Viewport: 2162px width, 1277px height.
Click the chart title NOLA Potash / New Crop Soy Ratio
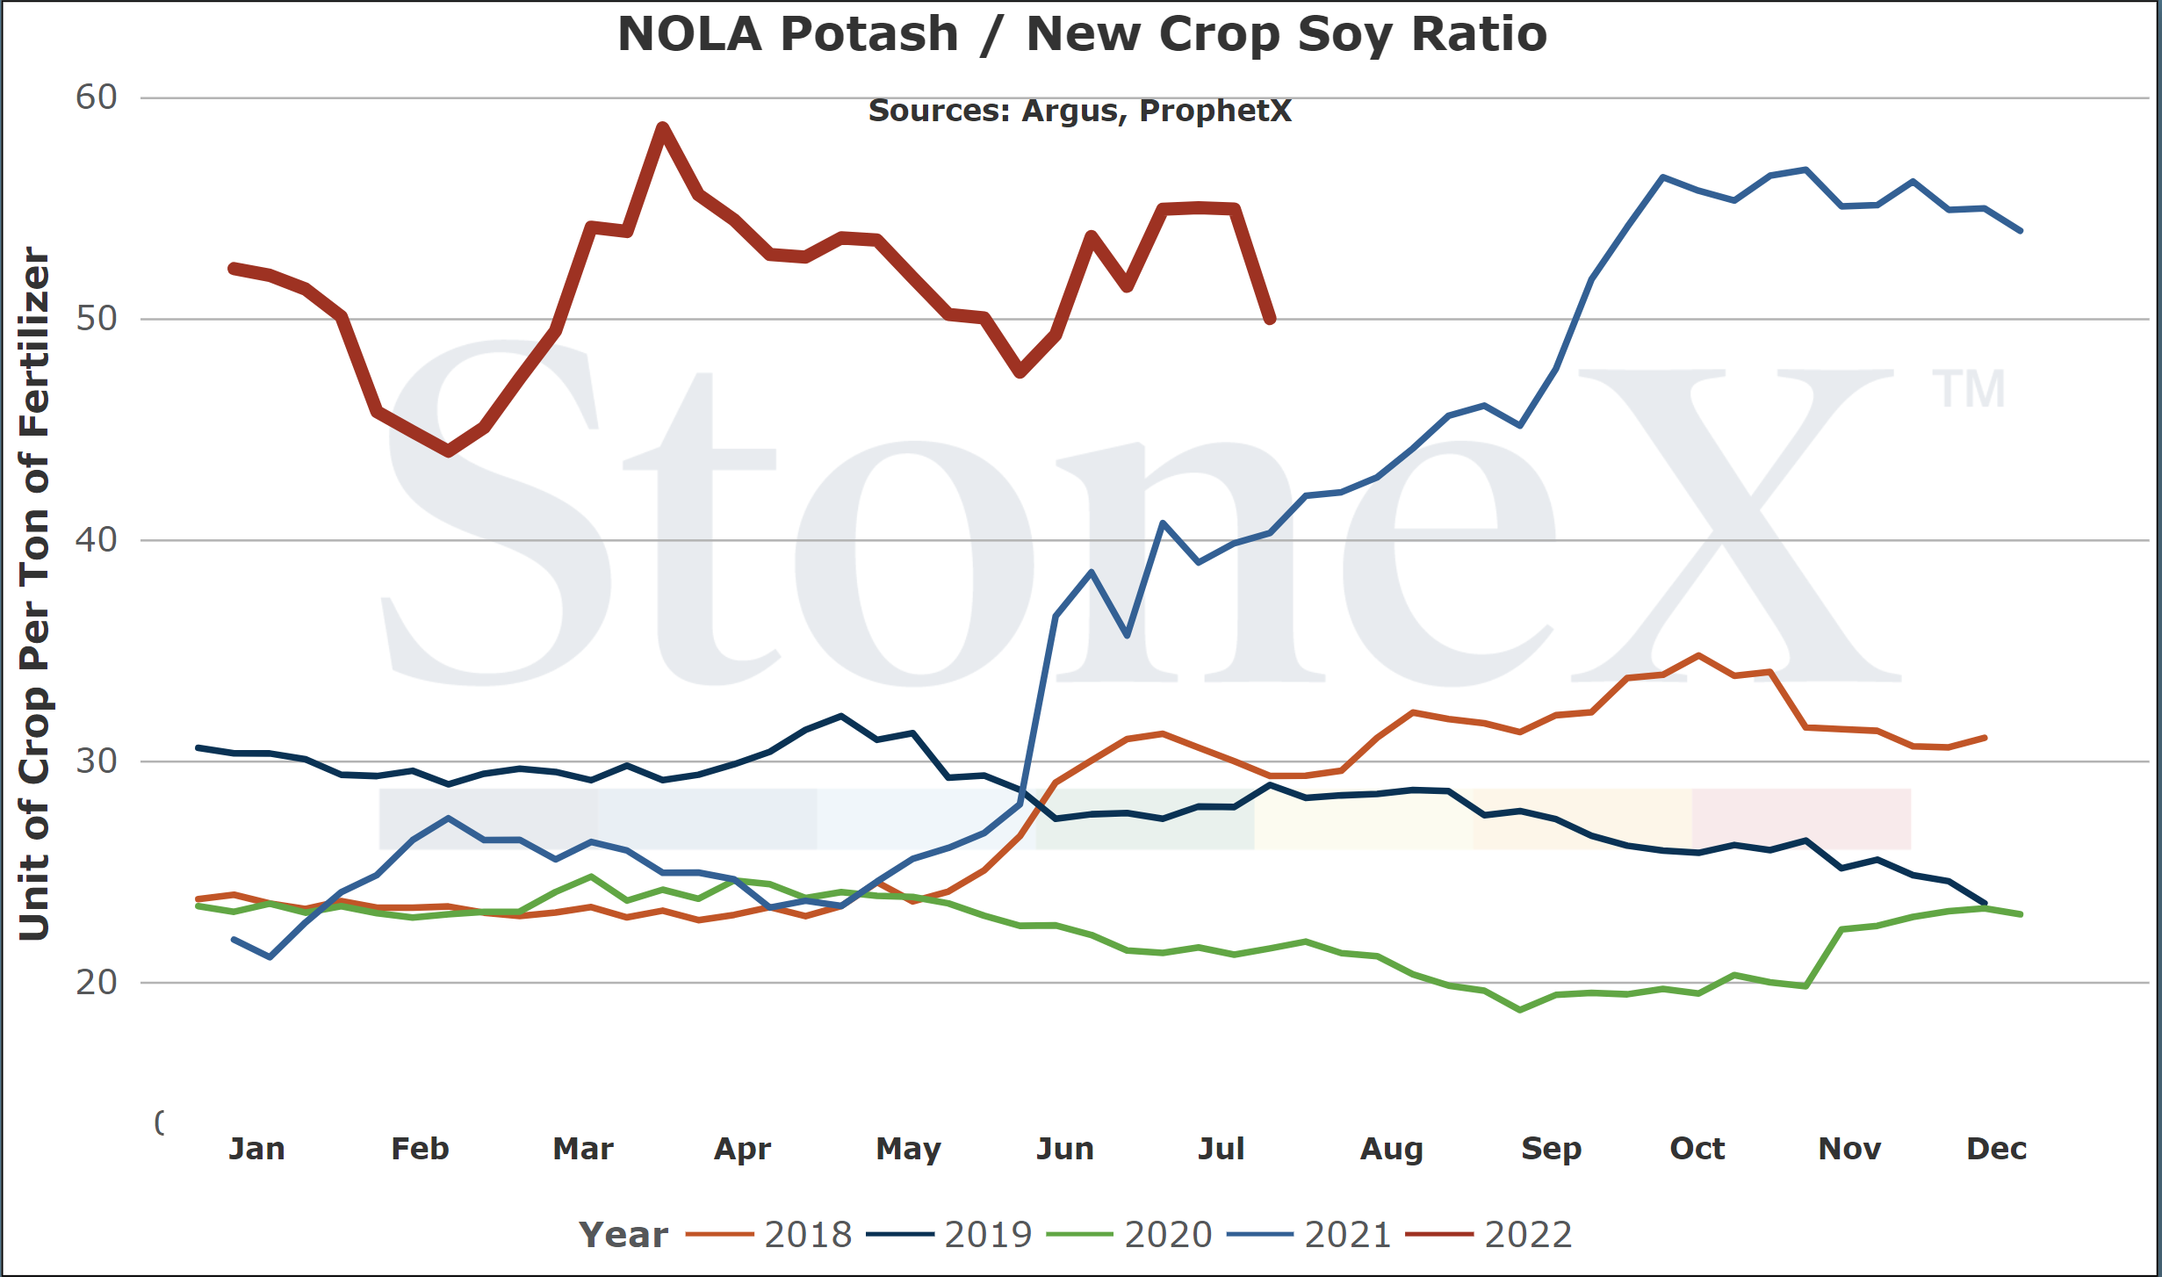1082,35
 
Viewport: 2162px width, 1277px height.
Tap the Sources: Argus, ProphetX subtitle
1080,112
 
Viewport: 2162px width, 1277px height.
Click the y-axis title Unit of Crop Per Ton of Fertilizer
34,594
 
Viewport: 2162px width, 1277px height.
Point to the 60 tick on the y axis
97,97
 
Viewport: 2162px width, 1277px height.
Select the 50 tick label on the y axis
97,319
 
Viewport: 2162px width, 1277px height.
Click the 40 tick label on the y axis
97,540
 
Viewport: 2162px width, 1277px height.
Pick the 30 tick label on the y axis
97,761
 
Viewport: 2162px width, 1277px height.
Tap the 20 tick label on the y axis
97,983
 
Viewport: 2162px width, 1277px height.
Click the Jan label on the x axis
256,1149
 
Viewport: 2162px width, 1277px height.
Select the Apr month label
743,1150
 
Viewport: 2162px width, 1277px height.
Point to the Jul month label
1222,1149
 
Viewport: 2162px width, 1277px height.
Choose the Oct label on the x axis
1697,1149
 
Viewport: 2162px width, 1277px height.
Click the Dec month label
1997,1149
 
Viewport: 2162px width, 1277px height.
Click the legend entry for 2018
768,1235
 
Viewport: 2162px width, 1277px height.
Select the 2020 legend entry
1129,1235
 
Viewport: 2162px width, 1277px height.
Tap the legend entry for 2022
1489,1235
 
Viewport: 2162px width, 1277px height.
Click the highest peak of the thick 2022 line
663,127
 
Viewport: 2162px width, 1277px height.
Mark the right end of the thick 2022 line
1271,319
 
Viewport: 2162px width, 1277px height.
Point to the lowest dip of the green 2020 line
1520,1010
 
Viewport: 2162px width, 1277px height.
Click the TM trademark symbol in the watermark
1969,389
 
